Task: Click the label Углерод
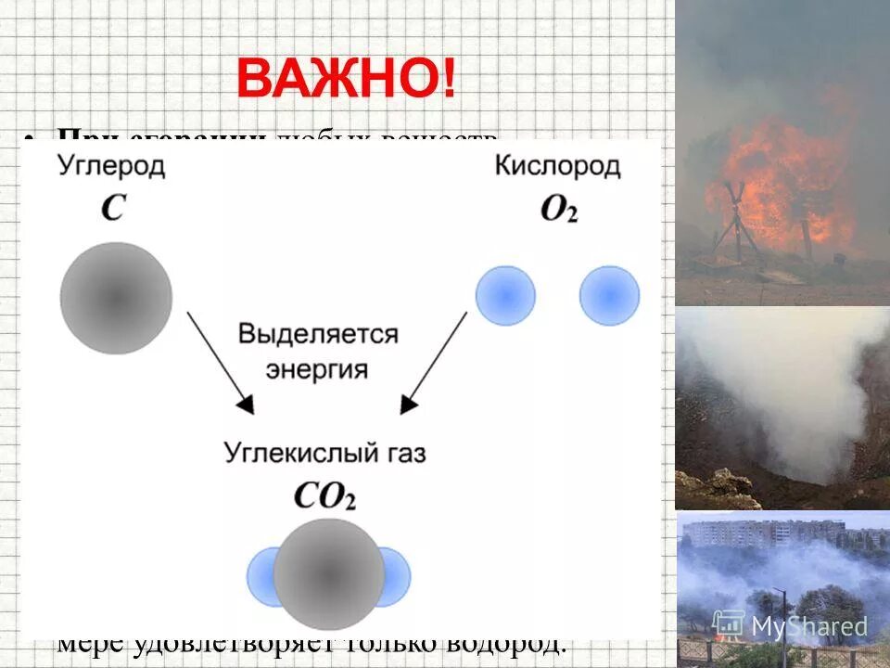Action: [111, 167]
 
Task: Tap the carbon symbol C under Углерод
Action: [112, 208]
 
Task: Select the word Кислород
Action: [557, 167]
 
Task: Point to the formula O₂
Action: [558, 210]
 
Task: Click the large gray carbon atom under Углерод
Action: [116, 297]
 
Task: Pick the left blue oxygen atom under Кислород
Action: [505, 296]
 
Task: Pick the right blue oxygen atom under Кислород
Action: [609, 296]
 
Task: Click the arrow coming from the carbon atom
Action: [220, 362]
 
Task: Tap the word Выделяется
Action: [318, 334]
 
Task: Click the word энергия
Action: [317, 368]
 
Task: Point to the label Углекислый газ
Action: [324, 454]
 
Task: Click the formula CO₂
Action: [324, 495]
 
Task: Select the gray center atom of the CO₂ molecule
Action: [329, 573]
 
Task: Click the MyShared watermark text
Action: [807, 627]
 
